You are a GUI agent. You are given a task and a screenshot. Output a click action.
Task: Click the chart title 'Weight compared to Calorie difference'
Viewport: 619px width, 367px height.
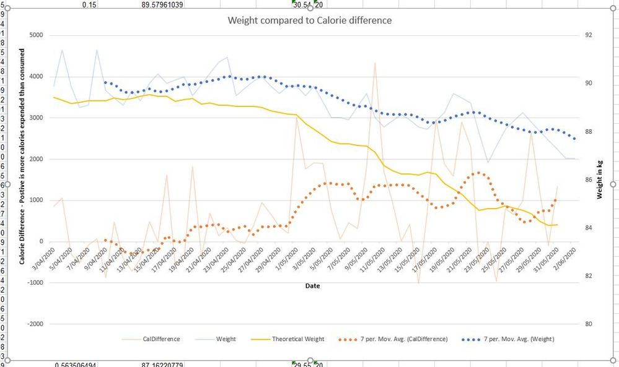click(x=309, y=20)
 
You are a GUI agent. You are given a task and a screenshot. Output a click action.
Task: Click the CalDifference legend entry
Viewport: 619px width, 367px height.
click(x=161, y=339)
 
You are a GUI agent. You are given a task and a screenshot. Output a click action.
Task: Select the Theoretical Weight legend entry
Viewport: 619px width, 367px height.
click(x=297, y=339)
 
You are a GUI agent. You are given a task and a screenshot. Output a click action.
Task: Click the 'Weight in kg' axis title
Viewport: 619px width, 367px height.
click(x=600, y=179)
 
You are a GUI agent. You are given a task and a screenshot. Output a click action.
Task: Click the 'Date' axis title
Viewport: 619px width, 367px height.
click(x=312, y=286)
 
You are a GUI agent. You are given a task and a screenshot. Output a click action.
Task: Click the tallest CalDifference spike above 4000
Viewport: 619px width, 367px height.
click(x=374, y=63)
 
